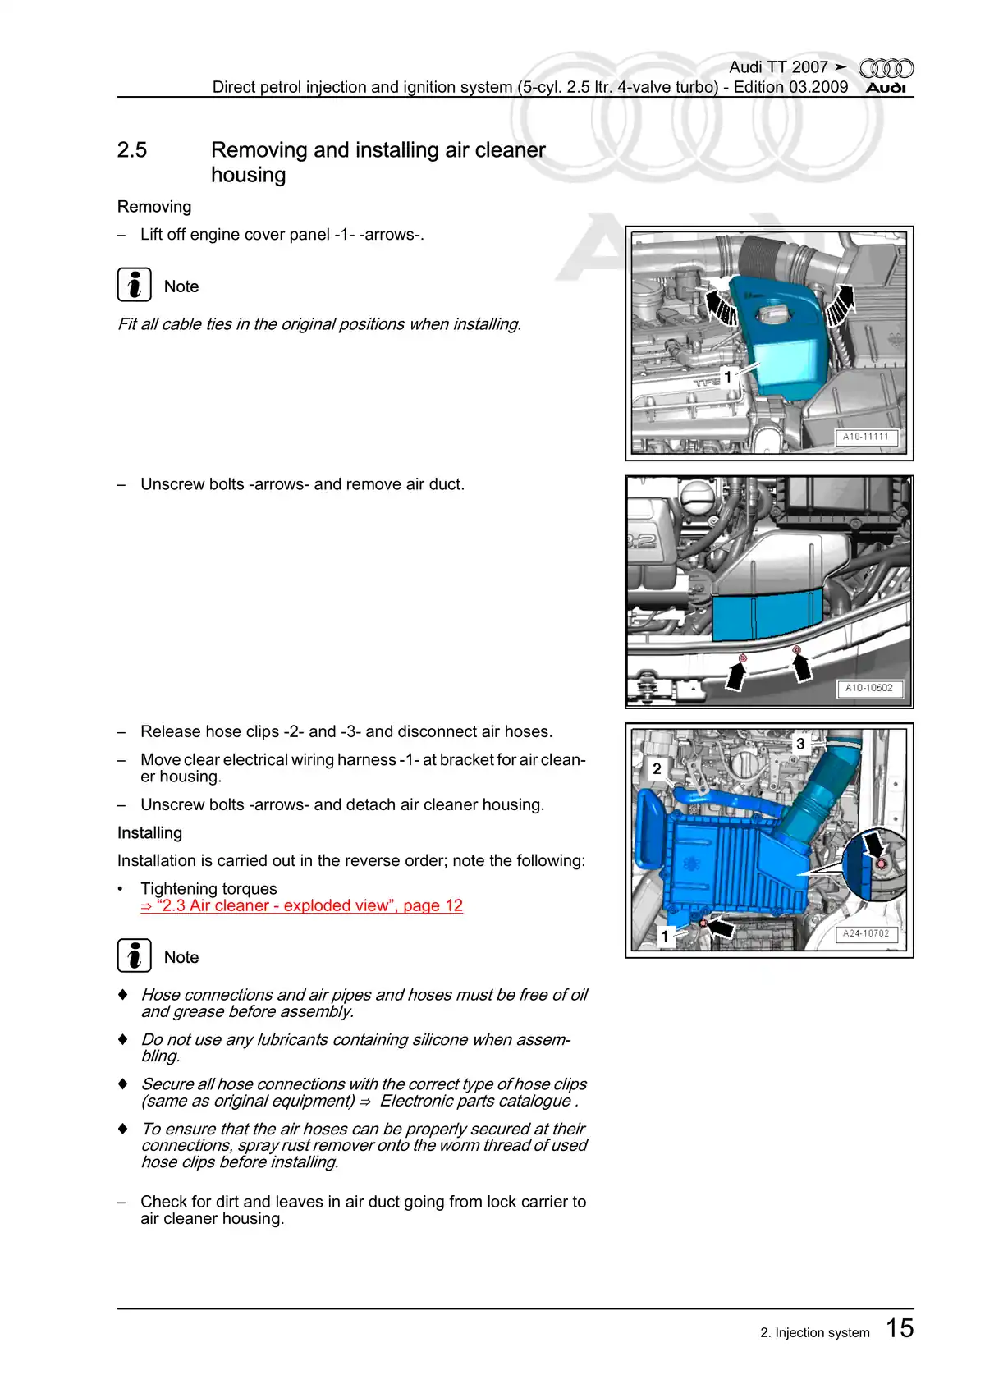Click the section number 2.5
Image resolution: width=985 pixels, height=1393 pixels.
[132, 150]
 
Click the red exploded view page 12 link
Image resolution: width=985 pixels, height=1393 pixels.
[301, 905]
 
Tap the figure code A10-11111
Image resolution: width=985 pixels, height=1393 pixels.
[865, 437]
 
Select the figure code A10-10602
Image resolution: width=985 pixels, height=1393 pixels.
[868, 688]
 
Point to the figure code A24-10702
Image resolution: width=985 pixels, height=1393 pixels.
[866, 933]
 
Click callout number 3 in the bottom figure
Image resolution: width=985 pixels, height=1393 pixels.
[800, 744]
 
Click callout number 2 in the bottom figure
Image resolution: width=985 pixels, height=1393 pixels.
[657, 768]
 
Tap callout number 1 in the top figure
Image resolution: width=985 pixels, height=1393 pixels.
[727, 377]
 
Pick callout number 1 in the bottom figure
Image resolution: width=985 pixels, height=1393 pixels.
[665, 936]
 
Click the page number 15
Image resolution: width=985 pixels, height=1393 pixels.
[900, 1328]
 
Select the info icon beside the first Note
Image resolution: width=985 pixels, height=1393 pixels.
[134, 285]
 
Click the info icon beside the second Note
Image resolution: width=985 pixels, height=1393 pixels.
[134, 955]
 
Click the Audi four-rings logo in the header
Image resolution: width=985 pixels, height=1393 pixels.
[886, 69]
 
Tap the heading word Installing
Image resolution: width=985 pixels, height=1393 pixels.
[149, 832]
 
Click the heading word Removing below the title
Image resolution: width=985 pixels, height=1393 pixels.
[154, 207]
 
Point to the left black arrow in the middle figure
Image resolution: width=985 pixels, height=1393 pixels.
[736, 675]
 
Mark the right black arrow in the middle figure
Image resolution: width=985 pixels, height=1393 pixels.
[801, 666]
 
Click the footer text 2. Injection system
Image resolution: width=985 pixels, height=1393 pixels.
[814, 1332]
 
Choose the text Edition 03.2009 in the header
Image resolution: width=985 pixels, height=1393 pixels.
[790, 87]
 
